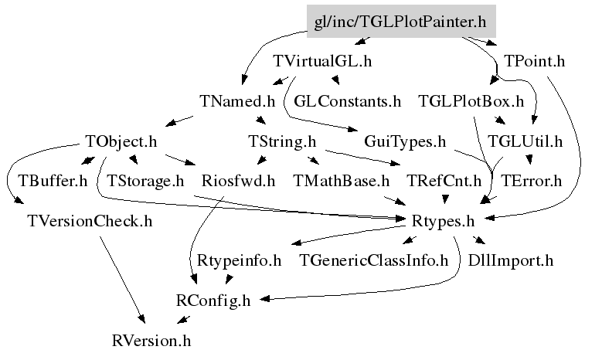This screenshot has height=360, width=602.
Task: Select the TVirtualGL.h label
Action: tap(323, 61)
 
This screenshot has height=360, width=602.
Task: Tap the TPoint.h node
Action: tap(534, 61)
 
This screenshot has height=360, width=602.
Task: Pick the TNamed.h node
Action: tap(236, 101)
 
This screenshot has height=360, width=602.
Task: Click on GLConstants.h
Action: tap(348, 101)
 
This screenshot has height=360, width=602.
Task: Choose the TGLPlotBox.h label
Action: tap(471, 101)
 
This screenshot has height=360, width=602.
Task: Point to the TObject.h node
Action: tap(121, 141)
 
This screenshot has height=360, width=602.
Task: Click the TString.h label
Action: tap(282, 141)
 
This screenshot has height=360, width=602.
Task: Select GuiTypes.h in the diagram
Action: tap(405, 141)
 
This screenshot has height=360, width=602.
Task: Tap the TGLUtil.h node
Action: tap(531, 141)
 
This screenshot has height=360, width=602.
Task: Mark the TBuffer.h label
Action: tap(53, 182)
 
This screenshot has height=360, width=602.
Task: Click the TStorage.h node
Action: tap(145, 182)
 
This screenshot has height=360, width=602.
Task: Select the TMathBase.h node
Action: tap(342, 182)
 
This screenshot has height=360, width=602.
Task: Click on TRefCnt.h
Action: tap(445, 182)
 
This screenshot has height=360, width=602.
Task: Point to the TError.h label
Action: tap(531, 182)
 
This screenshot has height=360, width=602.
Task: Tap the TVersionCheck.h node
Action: tap(90, 222)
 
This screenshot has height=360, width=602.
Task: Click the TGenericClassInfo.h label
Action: tap(374, 260)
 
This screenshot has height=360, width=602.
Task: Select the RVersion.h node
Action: tap(151, 340)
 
